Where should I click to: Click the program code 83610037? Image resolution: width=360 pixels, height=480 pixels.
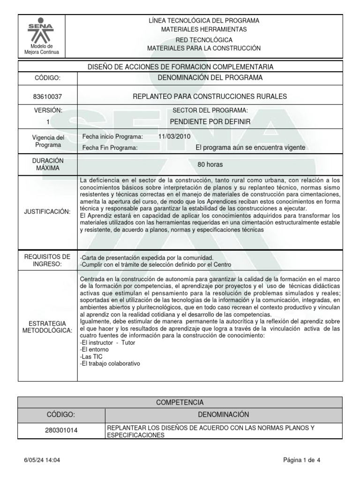tap(47, 97)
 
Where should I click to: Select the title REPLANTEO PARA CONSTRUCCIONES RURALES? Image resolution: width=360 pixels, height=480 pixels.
tap(210, 97)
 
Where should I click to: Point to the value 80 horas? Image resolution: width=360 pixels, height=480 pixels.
tap(210, 165)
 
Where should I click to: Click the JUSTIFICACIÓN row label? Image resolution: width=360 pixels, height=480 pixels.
tap(47, 212)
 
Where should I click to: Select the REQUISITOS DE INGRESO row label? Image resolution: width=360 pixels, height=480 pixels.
tap(47, 260)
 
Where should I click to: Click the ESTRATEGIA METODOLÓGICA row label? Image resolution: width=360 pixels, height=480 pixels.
tap(47, 327)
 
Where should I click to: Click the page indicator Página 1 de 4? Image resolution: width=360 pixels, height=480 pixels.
tap(302, 460)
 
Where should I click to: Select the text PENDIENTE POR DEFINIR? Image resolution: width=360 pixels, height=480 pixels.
tap(210, 122)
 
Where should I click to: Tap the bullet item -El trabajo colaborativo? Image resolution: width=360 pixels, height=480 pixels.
tap(110, 363)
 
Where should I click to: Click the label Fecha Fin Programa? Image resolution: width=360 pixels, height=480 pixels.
tap(110, 148)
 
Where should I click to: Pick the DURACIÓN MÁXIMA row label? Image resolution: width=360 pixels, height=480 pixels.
tap(47, 164)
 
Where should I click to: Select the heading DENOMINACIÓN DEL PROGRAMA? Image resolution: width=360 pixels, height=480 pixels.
tap(210, 78)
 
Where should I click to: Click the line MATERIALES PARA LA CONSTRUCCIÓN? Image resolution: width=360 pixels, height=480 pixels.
tap(203, 48)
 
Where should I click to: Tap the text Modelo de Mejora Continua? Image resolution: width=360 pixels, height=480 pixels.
tap(42, 49)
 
